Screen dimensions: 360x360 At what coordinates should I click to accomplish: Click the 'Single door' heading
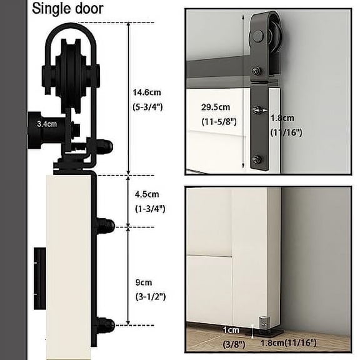(67, 9)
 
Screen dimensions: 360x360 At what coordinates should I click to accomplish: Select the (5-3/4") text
(148, 107)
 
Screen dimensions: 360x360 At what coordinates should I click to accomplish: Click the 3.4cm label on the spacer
(47, 124)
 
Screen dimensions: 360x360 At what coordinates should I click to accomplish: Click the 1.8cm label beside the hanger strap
(279, 117)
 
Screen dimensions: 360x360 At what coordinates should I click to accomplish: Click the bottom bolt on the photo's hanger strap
(256, 160)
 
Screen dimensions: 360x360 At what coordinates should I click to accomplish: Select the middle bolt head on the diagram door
(104, 223)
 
